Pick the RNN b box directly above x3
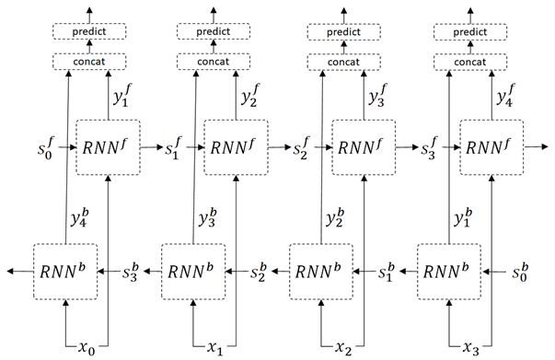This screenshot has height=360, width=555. coord(448,272)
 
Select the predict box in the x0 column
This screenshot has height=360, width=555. coord(88,31)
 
